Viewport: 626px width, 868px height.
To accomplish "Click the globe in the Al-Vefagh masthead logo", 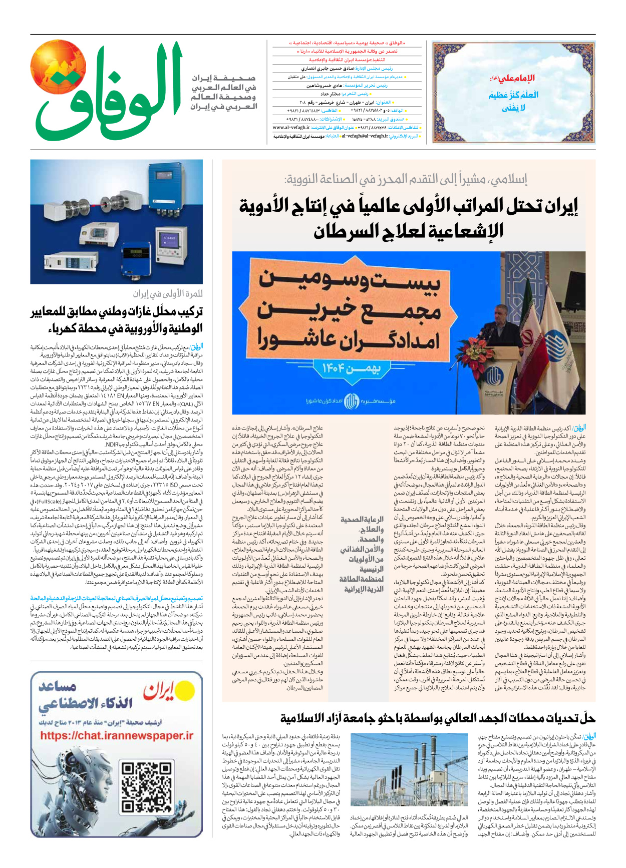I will point(58,69).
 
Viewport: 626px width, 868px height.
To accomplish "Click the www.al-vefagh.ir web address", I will point(288,128).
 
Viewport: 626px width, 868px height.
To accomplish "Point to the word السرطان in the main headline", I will point(346,231).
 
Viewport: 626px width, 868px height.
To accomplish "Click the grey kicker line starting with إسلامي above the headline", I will point(406,179).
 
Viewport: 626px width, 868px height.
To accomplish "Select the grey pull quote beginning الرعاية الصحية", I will point(362,554).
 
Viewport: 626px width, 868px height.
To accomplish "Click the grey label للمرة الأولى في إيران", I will point(168,294).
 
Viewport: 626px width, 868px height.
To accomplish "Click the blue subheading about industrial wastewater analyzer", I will point(116,598).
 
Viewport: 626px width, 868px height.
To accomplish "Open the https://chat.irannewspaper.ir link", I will point(117,736).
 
